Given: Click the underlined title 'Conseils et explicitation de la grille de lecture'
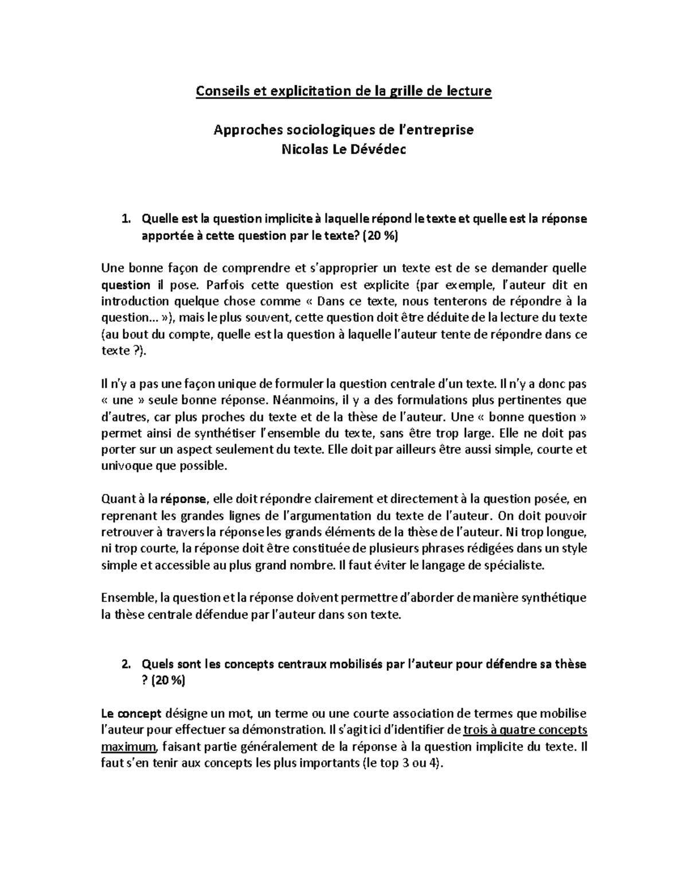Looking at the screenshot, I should pyautogui.click(x=344, y=91).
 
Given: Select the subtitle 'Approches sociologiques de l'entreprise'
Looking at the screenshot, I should pyautogui.click(x=344, y=130).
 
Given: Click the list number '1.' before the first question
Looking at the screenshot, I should pyautogui.click(x=126, y=219).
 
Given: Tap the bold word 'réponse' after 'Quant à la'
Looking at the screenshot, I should pyautogui.click(x=182, y=499).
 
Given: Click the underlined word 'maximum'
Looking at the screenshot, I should pyautogui.click(x=129, y=748).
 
